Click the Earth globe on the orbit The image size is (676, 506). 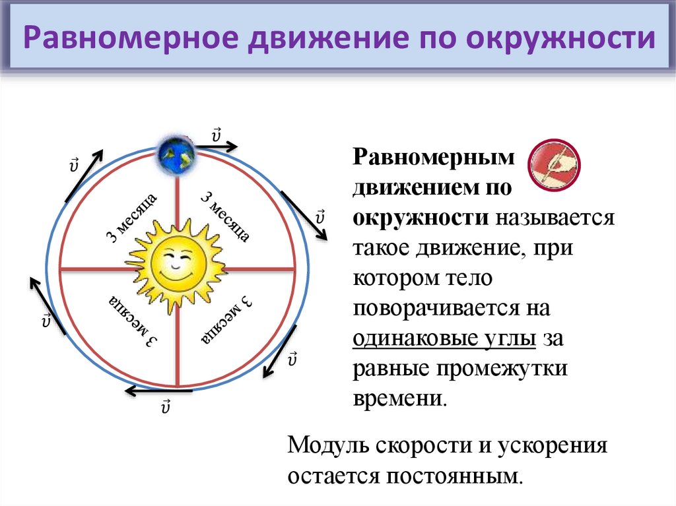pos(176,155)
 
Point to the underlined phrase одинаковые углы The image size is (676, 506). pos(444,339)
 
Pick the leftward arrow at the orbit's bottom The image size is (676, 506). pos(158,391)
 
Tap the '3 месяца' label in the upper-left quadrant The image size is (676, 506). pos(131,218)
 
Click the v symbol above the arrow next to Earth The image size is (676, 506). pos(216,135)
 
